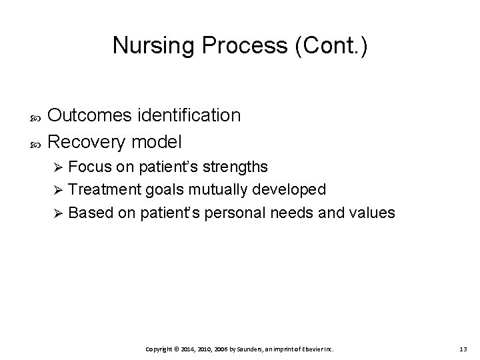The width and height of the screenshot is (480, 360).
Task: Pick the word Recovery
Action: pyautogui.click(x=88, y=142)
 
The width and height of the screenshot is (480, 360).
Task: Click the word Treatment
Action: pyautogui.click(x=101, y=189)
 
